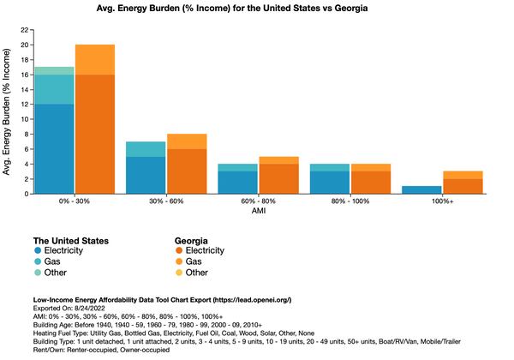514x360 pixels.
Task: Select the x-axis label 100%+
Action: point(440,203)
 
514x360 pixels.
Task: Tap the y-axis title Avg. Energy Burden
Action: point(8,112)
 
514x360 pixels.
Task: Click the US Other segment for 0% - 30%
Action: point(54,70)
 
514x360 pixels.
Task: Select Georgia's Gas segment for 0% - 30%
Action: point(94,59)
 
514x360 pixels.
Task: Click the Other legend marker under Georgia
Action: point(181,273)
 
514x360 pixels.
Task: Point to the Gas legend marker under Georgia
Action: point(181,261)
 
